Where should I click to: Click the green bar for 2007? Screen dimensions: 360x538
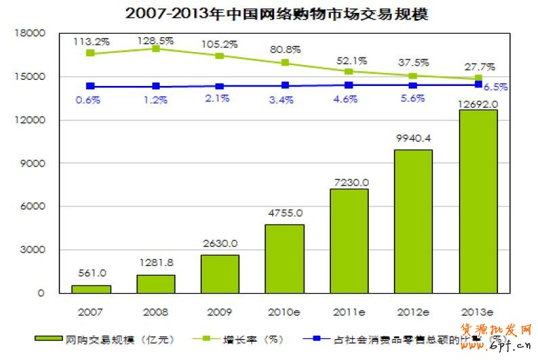pos(91,289)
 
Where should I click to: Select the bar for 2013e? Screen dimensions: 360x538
pos(478,202)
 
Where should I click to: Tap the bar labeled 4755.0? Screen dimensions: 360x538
pos(285,258)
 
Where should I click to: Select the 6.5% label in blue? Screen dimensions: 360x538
pos(497,87)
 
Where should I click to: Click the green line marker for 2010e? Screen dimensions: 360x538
pos(285,63)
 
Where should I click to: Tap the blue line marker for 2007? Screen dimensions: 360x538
pos(91,86)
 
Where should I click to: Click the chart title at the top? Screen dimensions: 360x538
pos(268,14)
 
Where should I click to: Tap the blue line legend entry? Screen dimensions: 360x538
pos(406,338)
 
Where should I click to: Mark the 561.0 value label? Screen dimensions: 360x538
pos(91,273)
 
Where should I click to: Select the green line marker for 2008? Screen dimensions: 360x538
pos(156,49)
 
